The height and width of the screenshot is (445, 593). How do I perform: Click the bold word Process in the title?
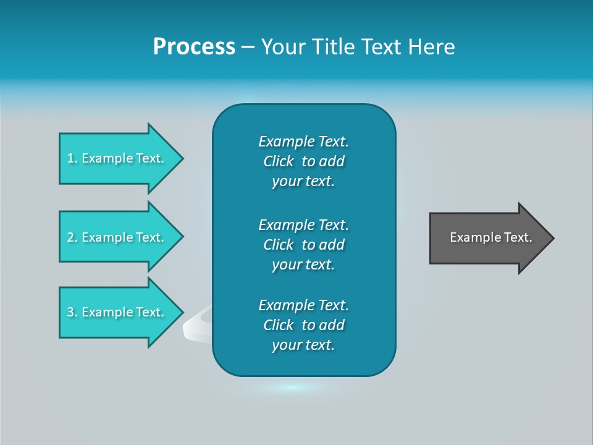click(194, 47)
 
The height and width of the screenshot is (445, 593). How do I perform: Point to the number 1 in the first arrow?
click(70, 158)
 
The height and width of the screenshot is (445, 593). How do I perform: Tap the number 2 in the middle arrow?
click(70, 237)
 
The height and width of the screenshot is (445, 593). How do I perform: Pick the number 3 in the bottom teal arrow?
click(70, 312)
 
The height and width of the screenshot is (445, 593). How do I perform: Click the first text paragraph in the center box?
click(303, 161)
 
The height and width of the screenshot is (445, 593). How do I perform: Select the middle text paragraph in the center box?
click(303, 245)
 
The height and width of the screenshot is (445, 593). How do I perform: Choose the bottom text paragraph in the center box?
click(303, 325)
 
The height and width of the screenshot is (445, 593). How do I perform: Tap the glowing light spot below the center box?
click(293, 388)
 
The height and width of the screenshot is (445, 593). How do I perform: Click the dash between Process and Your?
click(248, 47)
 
